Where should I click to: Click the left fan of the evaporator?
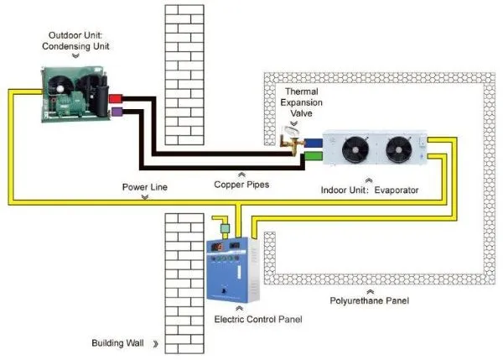click(x=347, y=149)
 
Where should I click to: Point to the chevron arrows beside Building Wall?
click(x=156, y=344)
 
